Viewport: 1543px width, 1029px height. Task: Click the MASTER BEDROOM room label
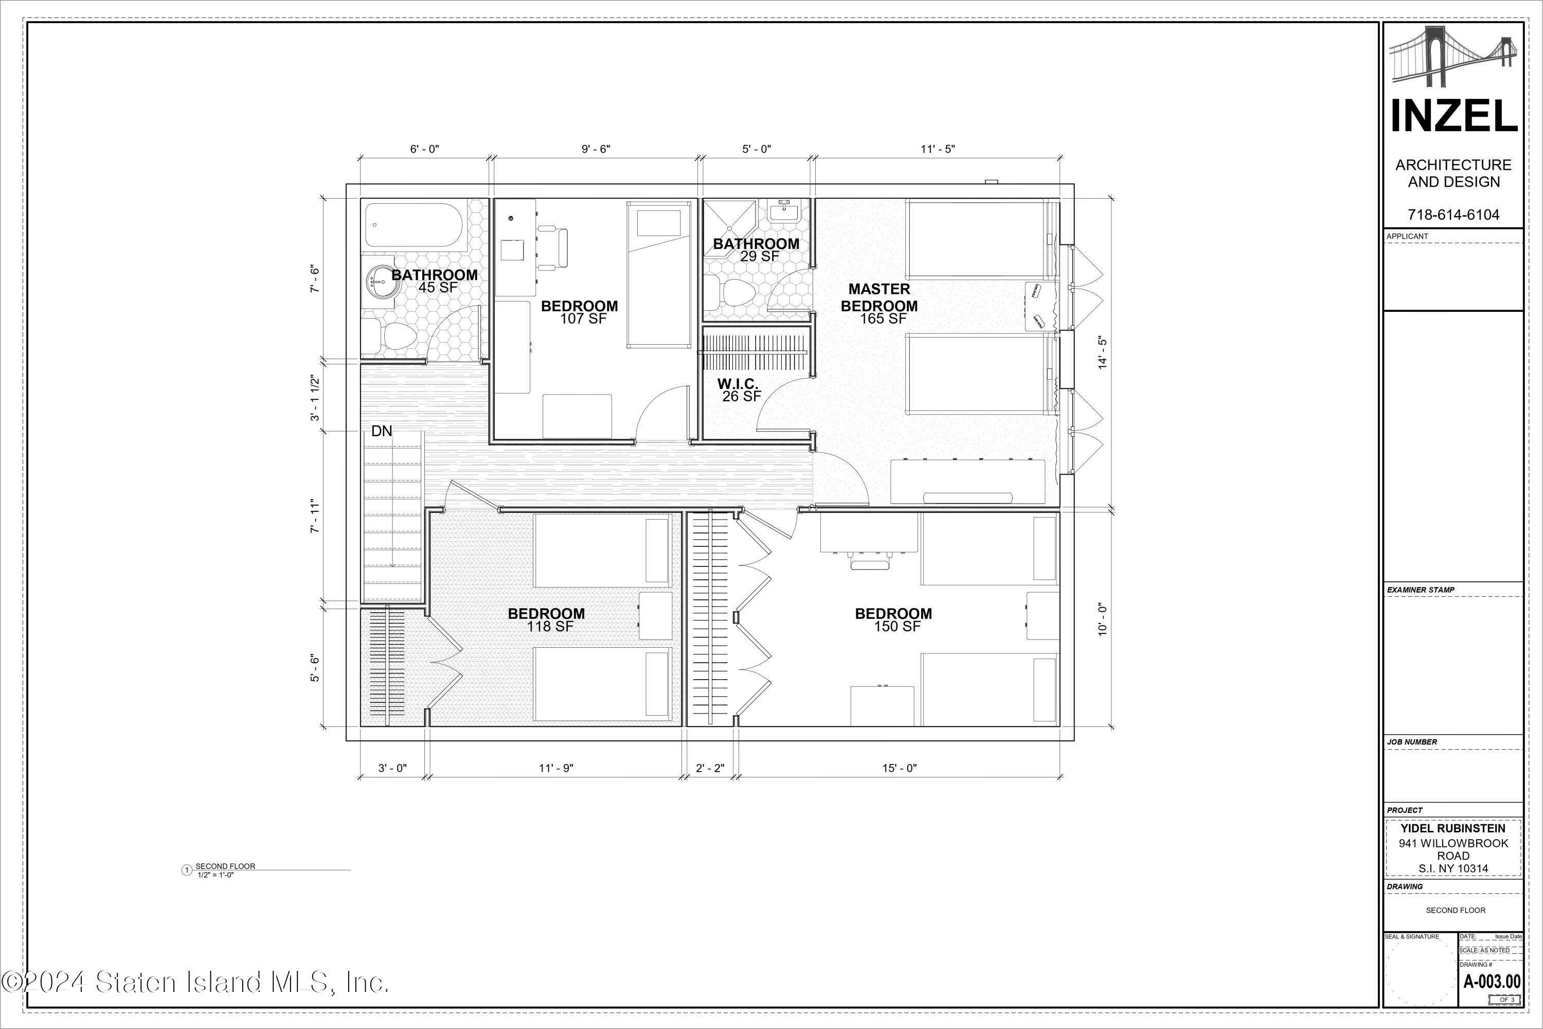879,297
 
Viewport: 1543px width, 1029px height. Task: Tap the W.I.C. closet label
738,384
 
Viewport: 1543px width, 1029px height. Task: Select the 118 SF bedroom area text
550,627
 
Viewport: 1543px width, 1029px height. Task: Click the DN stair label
382,431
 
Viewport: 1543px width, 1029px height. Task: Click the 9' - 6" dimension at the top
596,149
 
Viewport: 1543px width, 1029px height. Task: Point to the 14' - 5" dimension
1103,353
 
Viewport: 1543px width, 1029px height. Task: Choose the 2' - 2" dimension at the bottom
710,768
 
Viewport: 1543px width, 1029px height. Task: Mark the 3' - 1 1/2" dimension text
316,398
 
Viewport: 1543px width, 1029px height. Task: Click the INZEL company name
1454,117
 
